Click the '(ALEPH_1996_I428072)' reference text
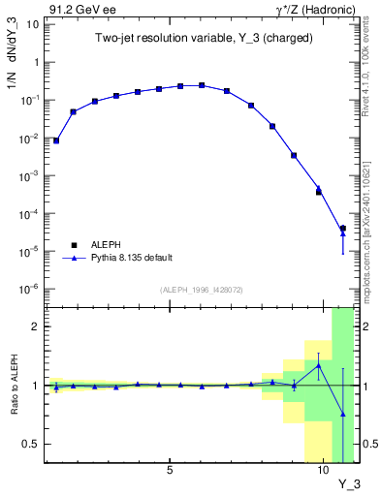pos(202,290)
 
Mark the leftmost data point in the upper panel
pos(56,140)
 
